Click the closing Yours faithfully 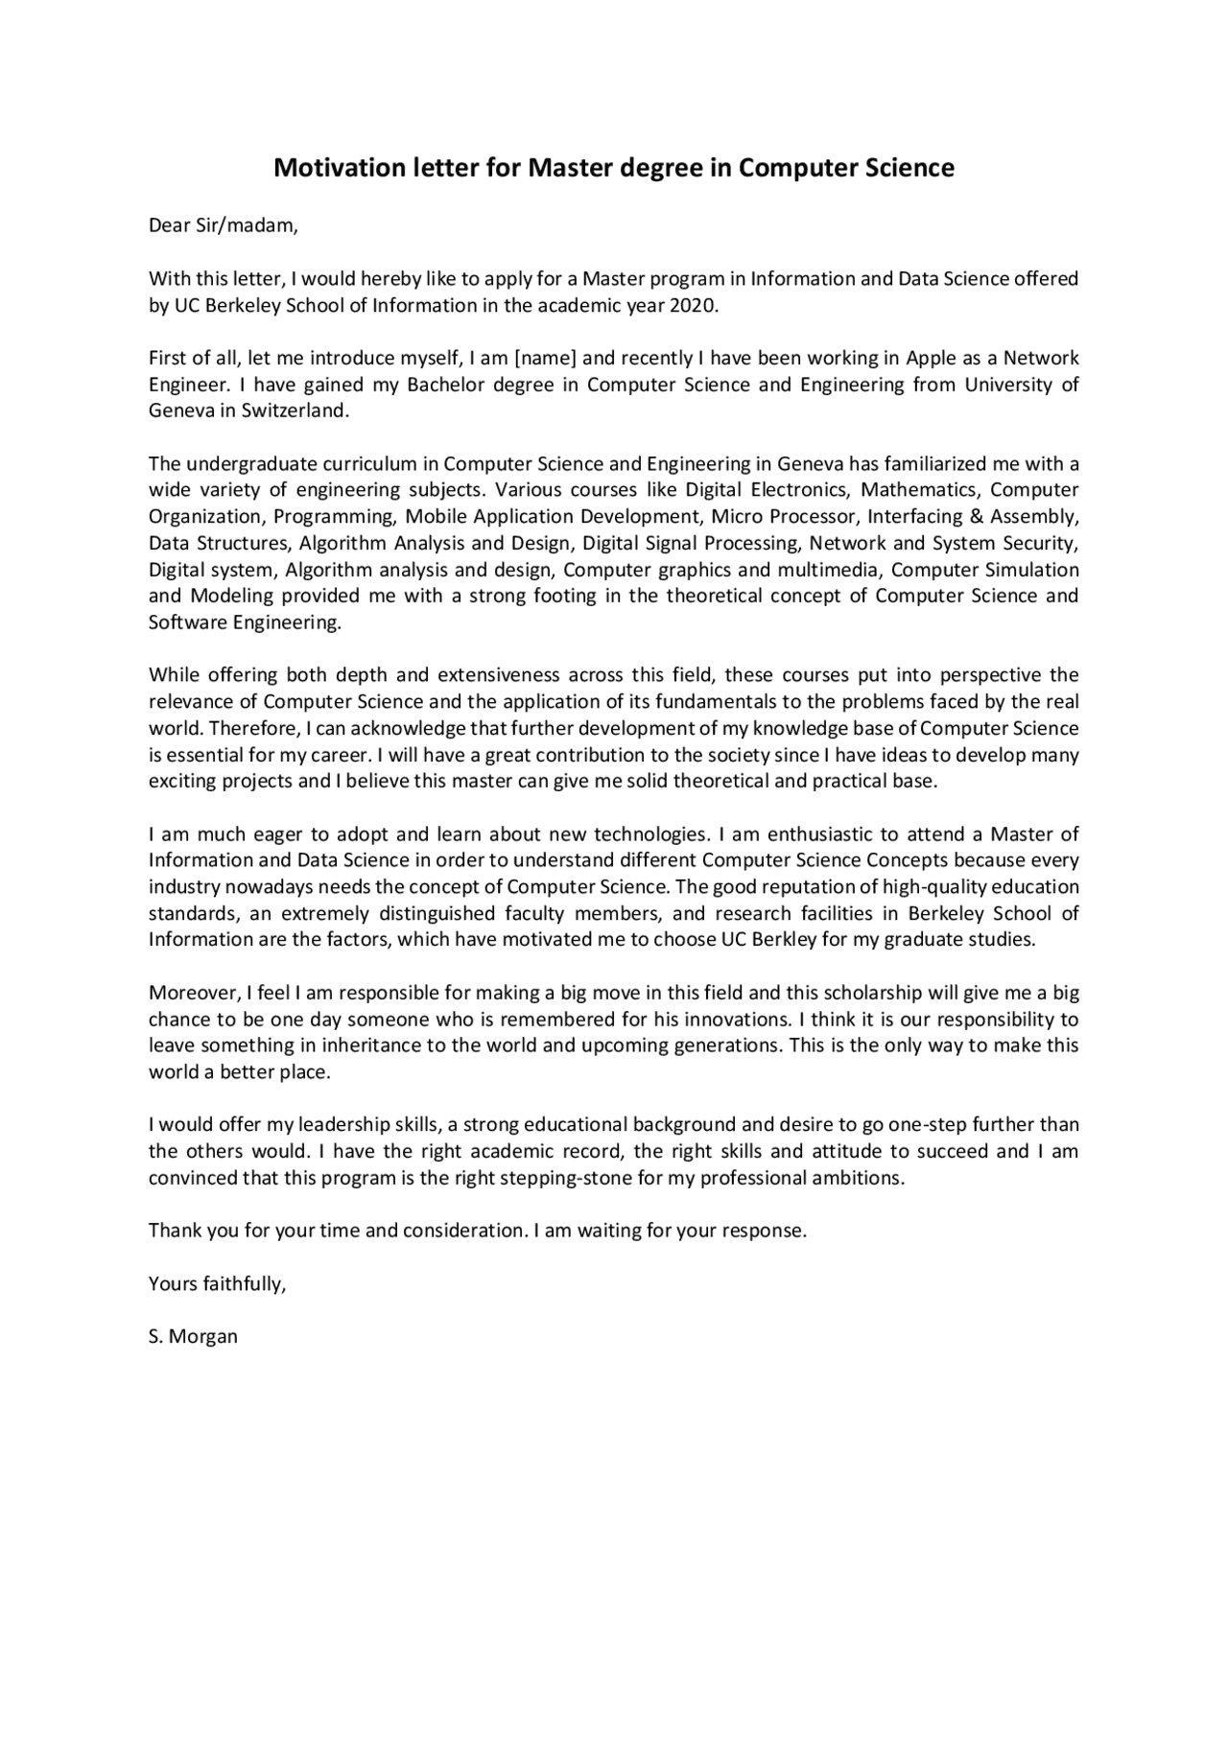click(x=218, y=1284)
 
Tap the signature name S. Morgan click(x=193, y=1337)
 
